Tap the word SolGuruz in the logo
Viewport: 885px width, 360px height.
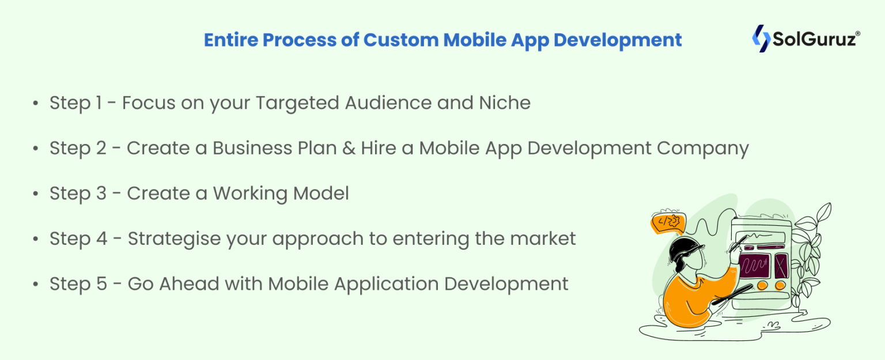[x=814, y=40]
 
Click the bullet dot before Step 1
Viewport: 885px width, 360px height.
[x=36, y=104]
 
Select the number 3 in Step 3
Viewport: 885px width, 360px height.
[x=101, y=194]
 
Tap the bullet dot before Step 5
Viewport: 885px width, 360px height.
[x=36, y=285]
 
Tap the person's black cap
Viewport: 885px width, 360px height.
[x=685, y=249]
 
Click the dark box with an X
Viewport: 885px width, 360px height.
[x=781, y=266]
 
